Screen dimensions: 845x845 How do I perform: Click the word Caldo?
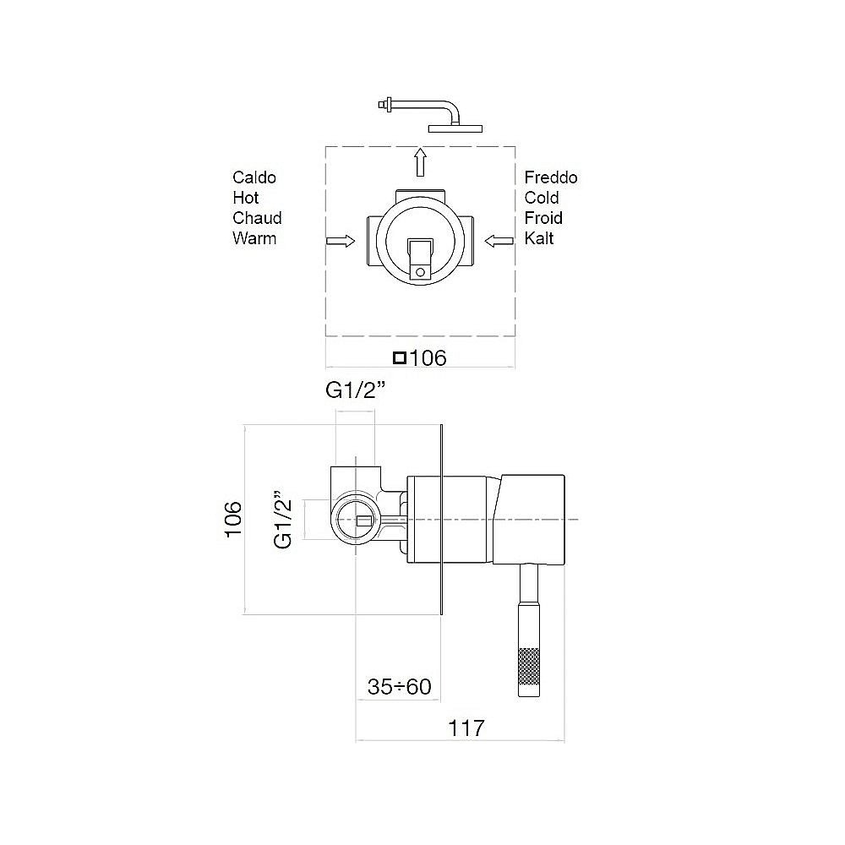(254, 177)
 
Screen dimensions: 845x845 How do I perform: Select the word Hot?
(246, 198)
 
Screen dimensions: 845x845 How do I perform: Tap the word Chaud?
(257, 218)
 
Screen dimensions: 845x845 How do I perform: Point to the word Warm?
(254, 238)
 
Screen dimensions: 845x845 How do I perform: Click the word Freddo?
(551, 177)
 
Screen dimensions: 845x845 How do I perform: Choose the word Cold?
(542, 198)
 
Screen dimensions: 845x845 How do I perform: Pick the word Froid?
(543, 218)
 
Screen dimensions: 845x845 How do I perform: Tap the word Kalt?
(539, 238)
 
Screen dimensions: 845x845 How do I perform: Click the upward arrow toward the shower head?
(420, 162)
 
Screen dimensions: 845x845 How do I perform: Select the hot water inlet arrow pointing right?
(341, 241)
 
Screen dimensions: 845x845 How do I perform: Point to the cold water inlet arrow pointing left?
(499, 241)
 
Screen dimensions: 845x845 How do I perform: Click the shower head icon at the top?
(431, 115)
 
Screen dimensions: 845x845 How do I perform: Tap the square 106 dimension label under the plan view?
(420, 357)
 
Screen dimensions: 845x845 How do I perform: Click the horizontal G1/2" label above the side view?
(355, 390)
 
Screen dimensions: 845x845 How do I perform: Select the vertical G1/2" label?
(283, 520)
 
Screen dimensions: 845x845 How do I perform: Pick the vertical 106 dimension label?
(233, 519)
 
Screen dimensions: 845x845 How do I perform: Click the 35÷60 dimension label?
(400, 686)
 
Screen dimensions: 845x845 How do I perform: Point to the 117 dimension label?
(466, 728)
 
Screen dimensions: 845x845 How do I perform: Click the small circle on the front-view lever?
(420, 273)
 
